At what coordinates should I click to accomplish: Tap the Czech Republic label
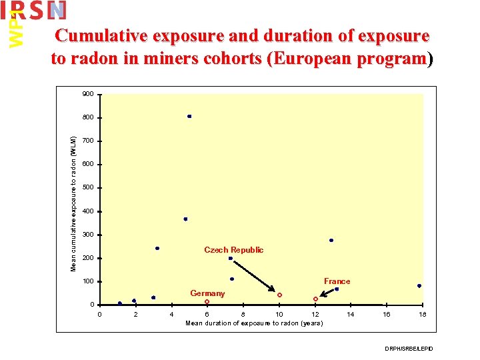point(233,250)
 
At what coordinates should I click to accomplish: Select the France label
point(337,281)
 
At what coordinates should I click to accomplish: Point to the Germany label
point(207,293)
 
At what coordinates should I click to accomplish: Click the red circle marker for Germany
point(207,302)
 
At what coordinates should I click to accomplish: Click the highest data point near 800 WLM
point(189,116)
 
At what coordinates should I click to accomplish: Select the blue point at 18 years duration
point(419,286)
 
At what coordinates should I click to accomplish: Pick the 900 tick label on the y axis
point(87,94)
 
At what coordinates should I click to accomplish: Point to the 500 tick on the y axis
point(87,188)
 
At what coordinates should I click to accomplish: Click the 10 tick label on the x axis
point(279,314)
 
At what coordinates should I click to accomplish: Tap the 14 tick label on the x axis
point(351,314)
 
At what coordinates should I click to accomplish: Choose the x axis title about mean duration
point(254,323)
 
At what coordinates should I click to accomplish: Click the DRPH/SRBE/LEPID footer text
point(409,349)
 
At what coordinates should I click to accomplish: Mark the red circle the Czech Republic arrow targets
point(279,295)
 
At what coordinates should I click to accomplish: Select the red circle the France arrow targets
point(315,299)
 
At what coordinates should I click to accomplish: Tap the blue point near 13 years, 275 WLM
point(331,241)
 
